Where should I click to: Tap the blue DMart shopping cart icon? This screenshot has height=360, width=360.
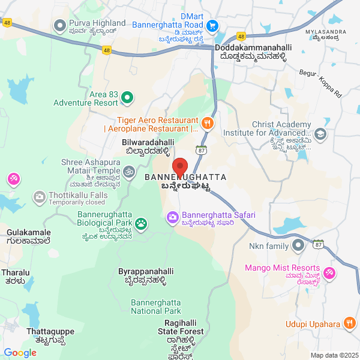212,26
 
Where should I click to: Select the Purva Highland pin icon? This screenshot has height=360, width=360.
59,26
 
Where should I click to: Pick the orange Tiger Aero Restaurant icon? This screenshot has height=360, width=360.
207,124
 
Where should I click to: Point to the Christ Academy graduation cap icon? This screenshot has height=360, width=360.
320,134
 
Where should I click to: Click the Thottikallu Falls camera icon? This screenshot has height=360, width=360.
40,196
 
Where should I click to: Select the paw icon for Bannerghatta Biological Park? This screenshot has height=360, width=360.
141,224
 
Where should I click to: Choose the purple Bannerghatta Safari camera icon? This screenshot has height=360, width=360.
173,216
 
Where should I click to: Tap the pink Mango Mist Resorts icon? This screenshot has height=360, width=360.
329,272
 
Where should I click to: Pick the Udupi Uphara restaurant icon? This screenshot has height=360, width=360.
350,323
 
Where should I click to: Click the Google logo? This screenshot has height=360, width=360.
19,353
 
